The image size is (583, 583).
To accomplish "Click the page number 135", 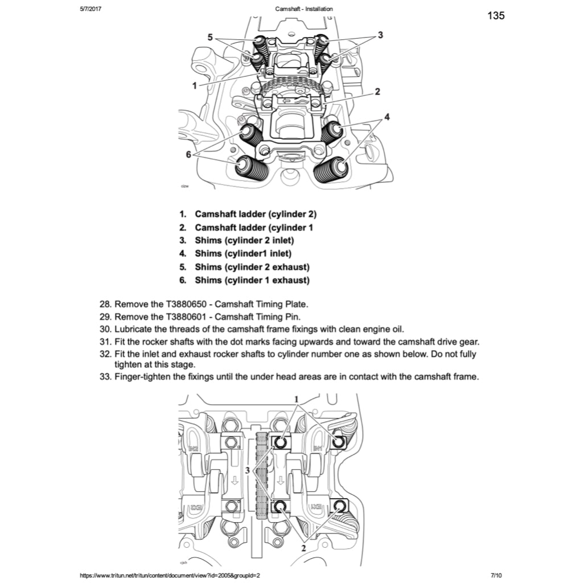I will pos(496,15).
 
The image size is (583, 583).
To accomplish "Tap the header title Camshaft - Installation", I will pos(303,9).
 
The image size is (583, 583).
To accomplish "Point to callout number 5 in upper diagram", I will pos(210,37).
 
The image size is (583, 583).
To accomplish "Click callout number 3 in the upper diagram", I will pos(380,35).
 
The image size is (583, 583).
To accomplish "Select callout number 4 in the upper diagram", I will pos(387,117).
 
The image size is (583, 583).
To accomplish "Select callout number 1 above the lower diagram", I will pos(296,400).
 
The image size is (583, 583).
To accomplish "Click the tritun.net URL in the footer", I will pos(170,576).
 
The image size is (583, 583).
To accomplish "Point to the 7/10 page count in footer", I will pos(496,576).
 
